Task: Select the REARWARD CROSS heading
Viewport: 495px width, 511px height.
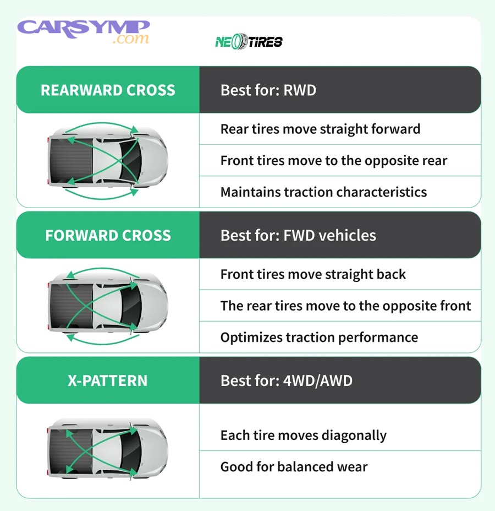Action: [x=108, y=90]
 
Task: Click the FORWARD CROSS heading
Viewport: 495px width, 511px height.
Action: [x=108, y=236]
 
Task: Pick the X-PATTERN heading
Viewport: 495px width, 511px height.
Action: [x=108, y=380]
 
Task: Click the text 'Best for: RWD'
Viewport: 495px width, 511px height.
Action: [x=268, y=90]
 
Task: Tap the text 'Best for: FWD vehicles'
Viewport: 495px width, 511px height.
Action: [x=298, y=236]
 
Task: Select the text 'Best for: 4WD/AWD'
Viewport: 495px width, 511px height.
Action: [x=286, y=380]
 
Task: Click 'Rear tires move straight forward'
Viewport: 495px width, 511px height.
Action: [x=320, y=129]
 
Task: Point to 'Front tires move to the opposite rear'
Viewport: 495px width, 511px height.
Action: [x=333, y=161]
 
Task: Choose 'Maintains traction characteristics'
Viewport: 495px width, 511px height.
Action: [x=323, y=192]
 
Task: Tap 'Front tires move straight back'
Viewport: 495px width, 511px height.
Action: [x=313, y=274]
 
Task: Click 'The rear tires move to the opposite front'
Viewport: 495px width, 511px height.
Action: [x=345, y=306]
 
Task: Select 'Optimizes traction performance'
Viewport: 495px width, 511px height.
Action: [x=319, y=337]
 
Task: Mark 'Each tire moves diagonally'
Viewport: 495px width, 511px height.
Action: [x=303, y=436]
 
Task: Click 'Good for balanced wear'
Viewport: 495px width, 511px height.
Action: [x=294, y=467]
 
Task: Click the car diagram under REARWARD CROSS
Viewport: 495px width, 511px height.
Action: [x=108, y=160]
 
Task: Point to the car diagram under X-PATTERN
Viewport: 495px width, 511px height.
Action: [x=108, y=450]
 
